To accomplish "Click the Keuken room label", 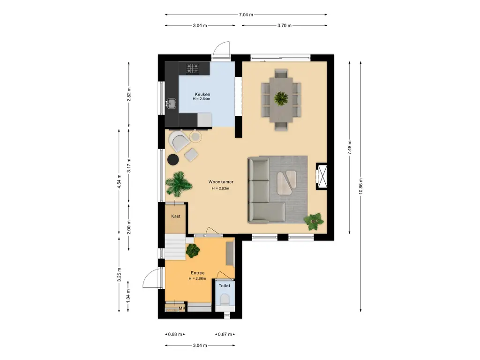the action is tap(202, 94).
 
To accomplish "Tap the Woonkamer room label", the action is tap(221, 182).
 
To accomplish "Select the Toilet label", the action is tap(225, 285).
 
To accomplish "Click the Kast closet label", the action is tap(176, 216).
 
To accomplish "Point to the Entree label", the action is tap(197, 273).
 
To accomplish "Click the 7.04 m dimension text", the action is tap(246, 15).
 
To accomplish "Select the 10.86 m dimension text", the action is tap(360, 186).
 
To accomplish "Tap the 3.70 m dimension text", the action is tap(285, 25).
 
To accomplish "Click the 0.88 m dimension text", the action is tap(175, 334).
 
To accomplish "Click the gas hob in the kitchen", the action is tap(193, 68).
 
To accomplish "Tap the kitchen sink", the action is tap(171, 104).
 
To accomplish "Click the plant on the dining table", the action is tap(281, 98).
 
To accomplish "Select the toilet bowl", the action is tap(225, 300).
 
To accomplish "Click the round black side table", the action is tap(173, 159).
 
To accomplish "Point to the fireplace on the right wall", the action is tap(322, 176).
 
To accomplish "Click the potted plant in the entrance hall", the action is tap(193, 251).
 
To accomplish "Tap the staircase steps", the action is tap(175, 247).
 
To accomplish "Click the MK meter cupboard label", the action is tap(182, 308).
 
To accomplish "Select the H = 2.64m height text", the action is tap(202, 99).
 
